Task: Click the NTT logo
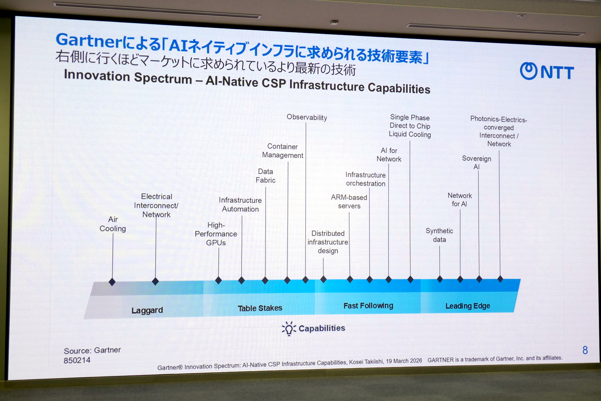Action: pos(547,71)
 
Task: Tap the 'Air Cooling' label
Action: pos(113,224)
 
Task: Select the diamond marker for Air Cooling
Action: pos(112,282)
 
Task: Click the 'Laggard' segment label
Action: pos(147,310)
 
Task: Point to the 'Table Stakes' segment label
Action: pos(260,308)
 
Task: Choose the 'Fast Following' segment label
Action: pos(368,306)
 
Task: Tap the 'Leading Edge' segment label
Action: pos(468,306)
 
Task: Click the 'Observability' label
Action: pos(307,117)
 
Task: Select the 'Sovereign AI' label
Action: pos(476,163)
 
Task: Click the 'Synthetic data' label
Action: pos(439,235)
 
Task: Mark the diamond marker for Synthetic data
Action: pos(440,279)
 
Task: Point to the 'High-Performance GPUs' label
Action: pos(216,234)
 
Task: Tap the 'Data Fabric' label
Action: pos(265,176)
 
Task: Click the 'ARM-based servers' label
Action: pos(349,202)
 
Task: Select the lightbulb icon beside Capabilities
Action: pos(289,329)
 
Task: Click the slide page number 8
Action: pos(585,350)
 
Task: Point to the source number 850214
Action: pos(77,360)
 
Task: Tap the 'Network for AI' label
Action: pos(460,200)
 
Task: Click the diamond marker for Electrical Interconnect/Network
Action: pos(155,281)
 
